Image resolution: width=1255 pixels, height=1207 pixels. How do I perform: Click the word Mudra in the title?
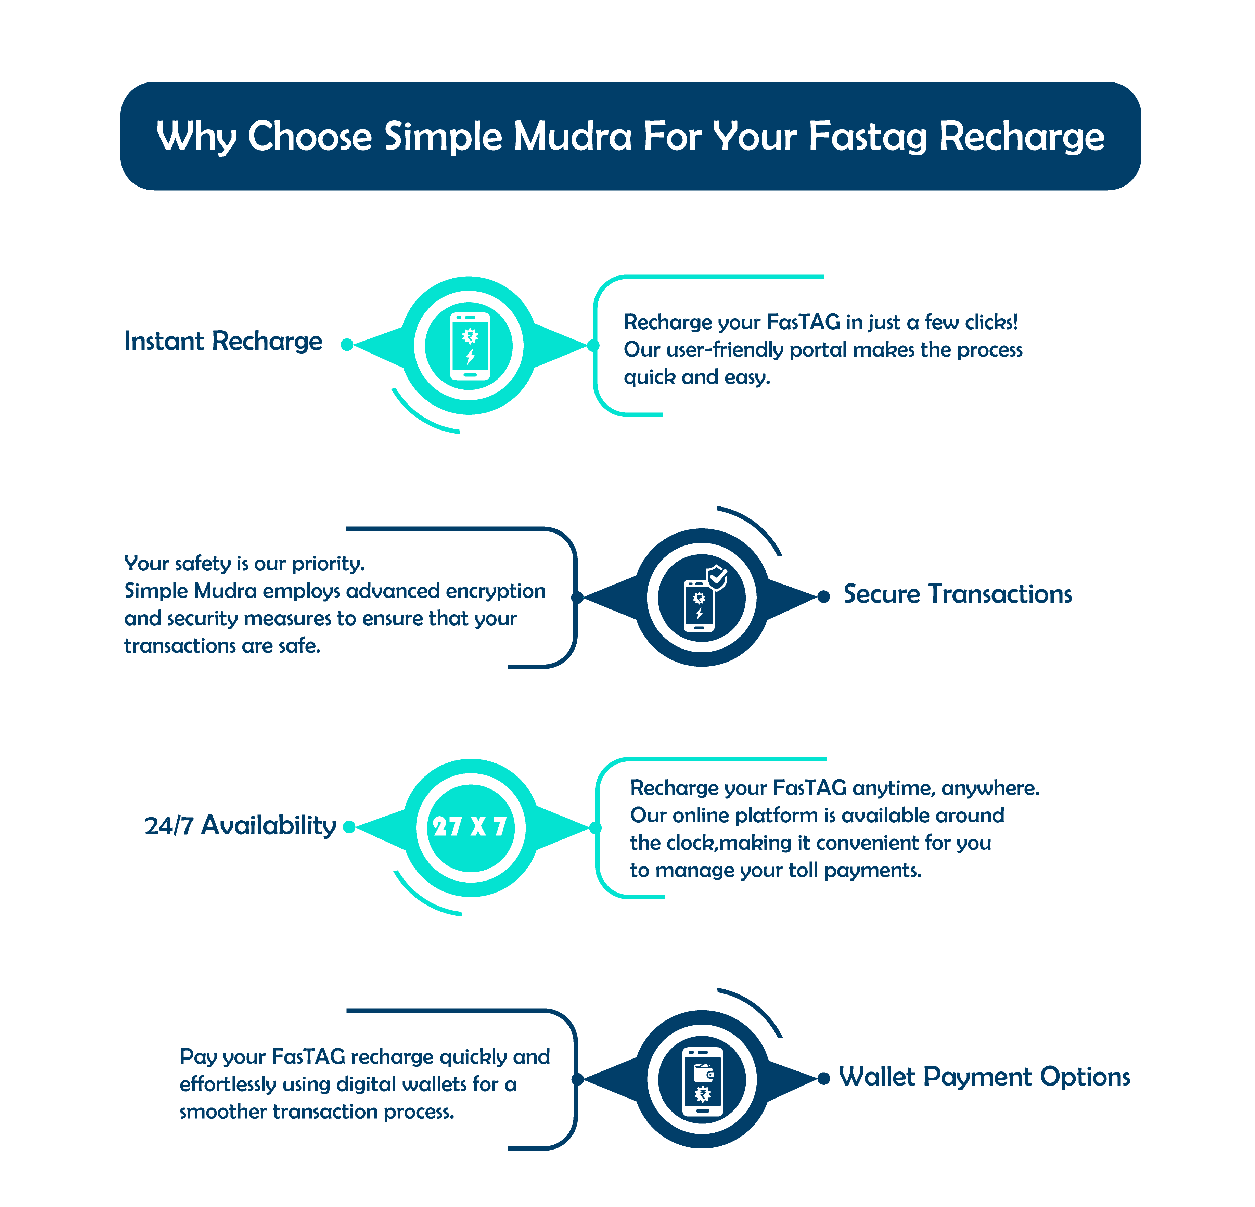point(573,137)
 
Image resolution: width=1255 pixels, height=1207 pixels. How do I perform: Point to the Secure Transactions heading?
point(957,594)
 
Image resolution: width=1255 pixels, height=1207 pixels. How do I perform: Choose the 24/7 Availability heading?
point(240,825)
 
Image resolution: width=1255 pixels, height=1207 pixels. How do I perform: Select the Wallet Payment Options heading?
point(984,1077)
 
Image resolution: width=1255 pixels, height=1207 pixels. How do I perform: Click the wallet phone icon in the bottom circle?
point(702,1082)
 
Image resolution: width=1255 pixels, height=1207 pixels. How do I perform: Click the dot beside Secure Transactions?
point(824,597)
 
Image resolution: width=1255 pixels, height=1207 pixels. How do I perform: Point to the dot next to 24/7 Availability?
point(349,827)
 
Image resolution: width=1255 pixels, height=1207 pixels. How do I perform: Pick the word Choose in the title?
point(310,137)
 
